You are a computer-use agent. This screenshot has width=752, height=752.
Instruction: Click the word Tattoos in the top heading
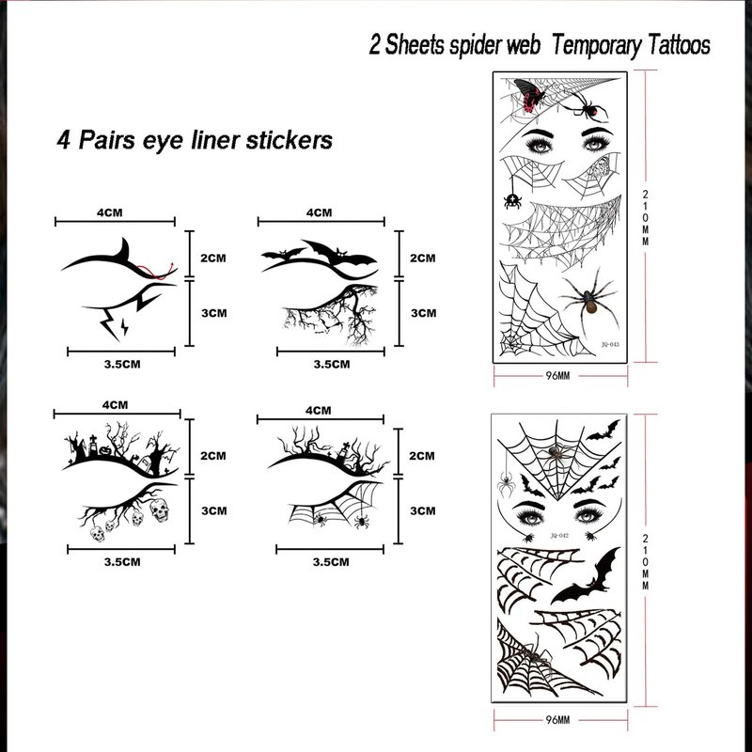tap(679, 45)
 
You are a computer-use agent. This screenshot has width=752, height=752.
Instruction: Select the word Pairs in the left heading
tap(106, 140)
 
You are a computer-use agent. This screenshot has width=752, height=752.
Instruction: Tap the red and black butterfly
tap(530, 95)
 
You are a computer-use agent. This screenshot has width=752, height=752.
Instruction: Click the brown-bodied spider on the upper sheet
tap(589, 300)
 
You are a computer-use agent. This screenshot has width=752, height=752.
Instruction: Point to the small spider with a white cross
tap(512, 200)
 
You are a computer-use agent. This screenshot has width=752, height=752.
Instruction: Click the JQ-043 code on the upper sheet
tap(610, 344)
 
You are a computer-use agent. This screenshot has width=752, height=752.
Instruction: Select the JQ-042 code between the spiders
tap(559, 535)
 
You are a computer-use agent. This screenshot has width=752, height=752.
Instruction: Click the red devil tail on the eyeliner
tap(157, 272)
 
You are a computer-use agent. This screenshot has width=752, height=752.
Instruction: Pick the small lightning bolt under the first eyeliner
tap(125, 326)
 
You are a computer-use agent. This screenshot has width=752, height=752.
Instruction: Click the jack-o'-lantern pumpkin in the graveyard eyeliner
tap(105, 450)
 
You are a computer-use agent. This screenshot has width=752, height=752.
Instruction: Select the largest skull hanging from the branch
tap(160, 509)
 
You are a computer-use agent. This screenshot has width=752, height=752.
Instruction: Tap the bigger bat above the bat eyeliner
tap(339, 253)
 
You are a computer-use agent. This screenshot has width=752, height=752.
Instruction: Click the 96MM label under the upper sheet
tap(557, 375)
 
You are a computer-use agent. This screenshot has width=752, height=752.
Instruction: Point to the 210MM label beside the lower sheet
tap(646, 561)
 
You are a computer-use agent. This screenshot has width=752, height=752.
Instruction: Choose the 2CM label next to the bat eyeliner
tap(422, 258)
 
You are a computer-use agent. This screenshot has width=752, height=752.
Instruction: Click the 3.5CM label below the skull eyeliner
tap(122, 561)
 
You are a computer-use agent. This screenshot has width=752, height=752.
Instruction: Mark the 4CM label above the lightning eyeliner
tap(109, 212)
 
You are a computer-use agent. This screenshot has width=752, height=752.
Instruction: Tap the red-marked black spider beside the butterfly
tap(587, 106)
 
